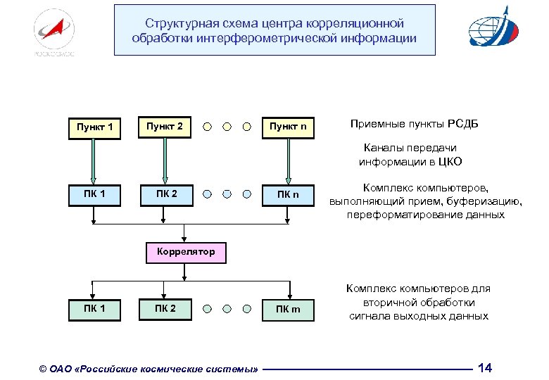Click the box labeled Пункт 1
point(94,128)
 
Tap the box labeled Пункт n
point(288,127)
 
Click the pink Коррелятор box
point(186,252)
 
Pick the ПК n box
point(288,195)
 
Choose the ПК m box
point(288,310)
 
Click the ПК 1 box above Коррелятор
point(94,195)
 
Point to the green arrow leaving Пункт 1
point(94,160)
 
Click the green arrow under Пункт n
point(288,160)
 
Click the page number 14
point(485,368)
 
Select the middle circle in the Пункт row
point(227,127)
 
